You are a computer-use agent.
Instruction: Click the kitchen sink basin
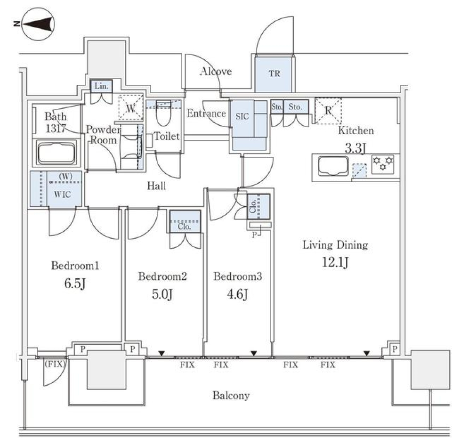coord(333,166)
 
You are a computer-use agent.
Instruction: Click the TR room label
coord(274,74)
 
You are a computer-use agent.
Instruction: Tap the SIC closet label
coord(242,116)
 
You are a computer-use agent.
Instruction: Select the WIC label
coord(62,195)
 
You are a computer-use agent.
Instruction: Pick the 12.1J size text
coord(334,262)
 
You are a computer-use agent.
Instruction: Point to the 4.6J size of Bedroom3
coord(237,294)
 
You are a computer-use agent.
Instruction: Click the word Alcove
coord(216,72)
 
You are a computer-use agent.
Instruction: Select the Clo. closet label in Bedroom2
coord(185,226)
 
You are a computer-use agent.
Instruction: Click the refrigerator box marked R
coord(328,111)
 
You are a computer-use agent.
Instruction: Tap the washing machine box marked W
coord(130,107)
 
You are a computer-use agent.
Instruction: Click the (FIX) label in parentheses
coord(56,363)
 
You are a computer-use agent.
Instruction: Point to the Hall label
coord(156,186)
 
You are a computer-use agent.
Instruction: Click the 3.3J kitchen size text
coord(355,149)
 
